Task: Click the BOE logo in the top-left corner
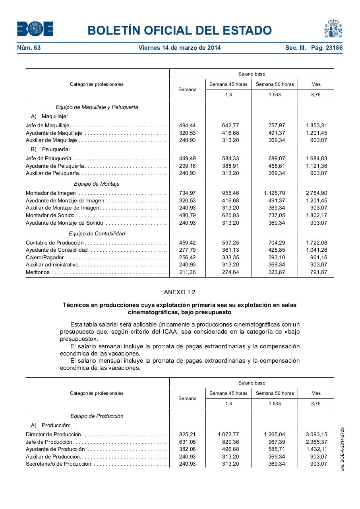pos(35,29)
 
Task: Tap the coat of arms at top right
pos(333,29)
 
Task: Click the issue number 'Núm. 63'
pos(29,48)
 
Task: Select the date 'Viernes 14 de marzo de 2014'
pos(180,48)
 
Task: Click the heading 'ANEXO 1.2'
pos(180,292)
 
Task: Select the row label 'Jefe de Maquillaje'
pos(48,126)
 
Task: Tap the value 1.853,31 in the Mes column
pos(316,126)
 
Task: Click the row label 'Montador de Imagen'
pos(50,193)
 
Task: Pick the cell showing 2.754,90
pos(316,193)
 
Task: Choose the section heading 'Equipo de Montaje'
pos(97,184)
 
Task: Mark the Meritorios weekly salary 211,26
pos(187,272)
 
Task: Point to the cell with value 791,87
pos(319,272)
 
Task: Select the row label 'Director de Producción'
pos(53,435)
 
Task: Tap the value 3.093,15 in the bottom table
pos(316,435)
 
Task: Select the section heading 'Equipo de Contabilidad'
pos(97,233)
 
